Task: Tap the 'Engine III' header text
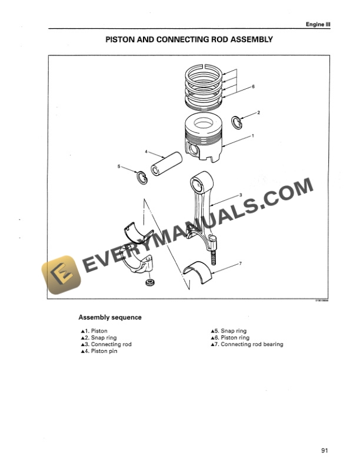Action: (316, 24)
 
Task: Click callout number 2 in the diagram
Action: (258, 112)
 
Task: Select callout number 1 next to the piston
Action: (252, 136)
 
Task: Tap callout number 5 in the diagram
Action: (119, 167)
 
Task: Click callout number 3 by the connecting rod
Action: (241, 195)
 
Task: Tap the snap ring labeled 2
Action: (236, 121)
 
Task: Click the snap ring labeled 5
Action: (142, 177)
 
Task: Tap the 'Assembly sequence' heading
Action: (110, 318)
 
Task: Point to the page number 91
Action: (324, 451)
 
